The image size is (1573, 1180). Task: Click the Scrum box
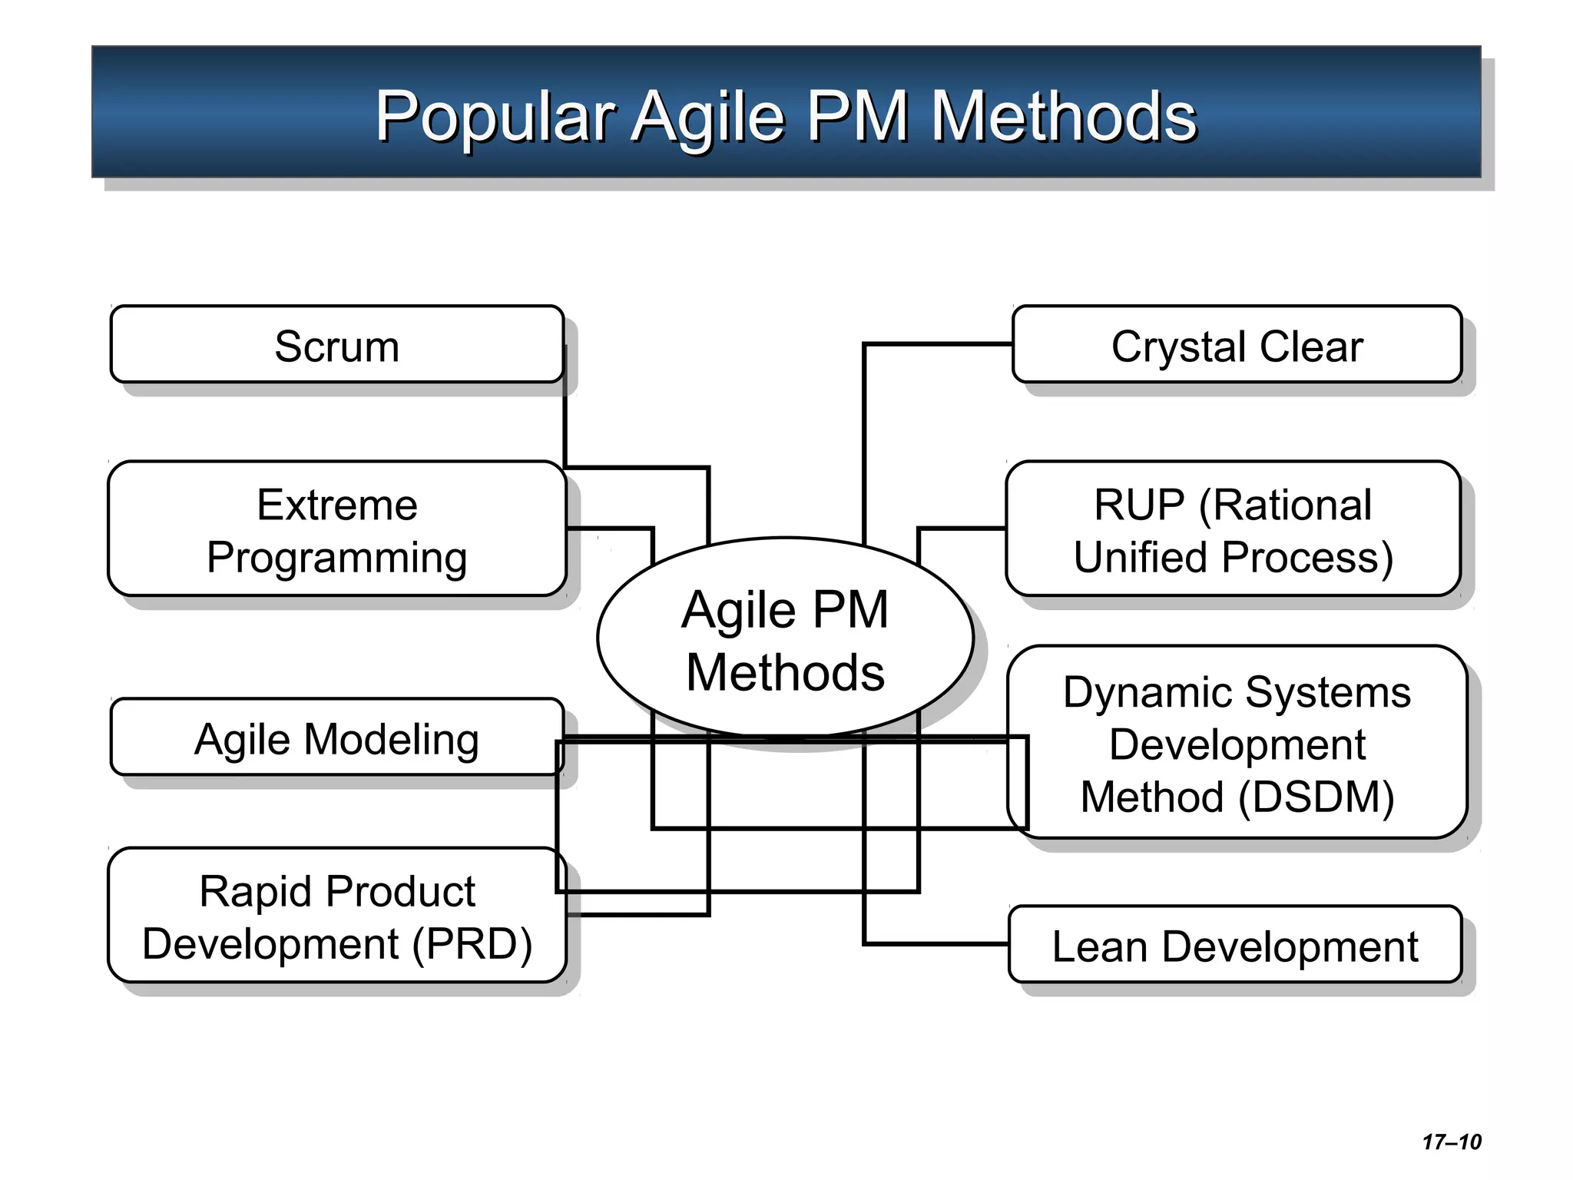click(336, 346)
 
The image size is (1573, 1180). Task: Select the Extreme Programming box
click(336, 530)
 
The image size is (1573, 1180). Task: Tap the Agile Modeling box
click(336, 739)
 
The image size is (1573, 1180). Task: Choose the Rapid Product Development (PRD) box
click(336, 916)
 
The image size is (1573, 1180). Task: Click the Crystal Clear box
click(1237, 346)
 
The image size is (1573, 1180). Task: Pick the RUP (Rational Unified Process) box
click(1233, 530)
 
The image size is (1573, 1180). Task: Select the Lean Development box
click(1234, 945)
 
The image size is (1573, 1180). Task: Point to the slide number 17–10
click(1451, 1142)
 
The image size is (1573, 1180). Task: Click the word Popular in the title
click(495, 117)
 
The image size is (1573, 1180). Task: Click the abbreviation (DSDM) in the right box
click(1316, 797)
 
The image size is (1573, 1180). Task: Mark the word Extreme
click(336, 505)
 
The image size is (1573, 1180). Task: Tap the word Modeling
click(392, 741)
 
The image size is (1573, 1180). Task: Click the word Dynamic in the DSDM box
click(1147, 693)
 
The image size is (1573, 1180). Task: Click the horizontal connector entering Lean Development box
click(937, 943)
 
